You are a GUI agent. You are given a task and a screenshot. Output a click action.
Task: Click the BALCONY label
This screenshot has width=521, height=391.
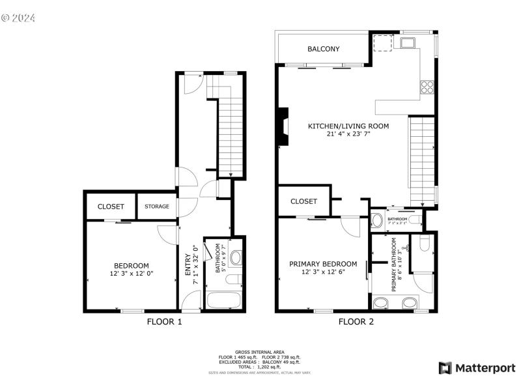(324, 49)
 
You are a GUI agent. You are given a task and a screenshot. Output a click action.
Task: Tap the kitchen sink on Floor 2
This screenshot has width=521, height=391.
(409, 44)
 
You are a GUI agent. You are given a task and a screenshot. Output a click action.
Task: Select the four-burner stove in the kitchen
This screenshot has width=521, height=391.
(427, 86)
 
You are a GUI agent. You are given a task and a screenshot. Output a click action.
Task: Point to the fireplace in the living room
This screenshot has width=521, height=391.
(281, 128)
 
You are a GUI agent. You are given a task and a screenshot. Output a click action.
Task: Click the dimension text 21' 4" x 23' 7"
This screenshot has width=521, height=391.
(348, 135)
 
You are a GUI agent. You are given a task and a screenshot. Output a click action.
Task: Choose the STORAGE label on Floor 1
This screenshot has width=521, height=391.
(157, 207)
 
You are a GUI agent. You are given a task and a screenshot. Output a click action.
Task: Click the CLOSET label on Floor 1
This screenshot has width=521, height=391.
(111, 207)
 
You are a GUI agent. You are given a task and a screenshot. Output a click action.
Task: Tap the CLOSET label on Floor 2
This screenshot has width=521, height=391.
(303, 201)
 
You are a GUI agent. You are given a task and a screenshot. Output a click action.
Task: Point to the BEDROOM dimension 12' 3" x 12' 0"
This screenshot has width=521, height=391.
(132, 274)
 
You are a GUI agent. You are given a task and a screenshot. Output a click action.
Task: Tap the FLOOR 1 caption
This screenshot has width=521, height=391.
(164, 321)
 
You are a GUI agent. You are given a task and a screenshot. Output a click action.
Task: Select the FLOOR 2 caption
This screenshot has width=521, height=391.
(356, 321)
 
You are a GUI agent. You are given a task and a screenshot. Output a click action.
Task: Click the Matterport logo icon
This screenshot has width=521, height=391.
(445, 368)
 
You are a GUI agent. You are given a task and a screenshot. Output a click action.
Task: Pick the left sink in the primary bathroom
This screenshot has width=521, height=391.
(380, 302)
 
